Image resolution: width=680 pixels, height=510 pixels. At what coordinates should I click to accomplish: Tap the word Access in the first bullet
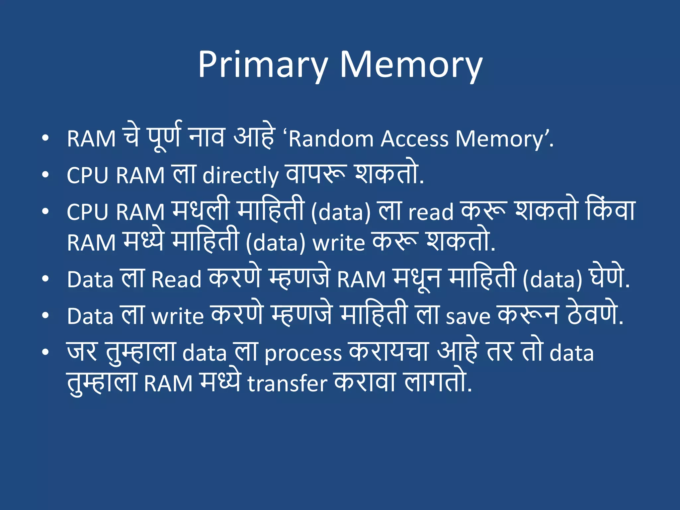[x=415, y=139]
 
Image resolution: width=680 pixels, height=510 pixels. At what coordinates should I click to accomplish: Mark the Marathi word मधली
[x=201, y=210]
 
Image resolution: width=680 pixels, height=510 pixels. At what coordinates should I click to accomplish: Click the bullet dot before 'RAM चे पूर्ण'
[x=45, y=138]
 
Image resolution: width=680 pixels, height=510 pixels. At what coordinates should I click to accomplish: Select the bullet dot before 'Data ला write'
[x=45, y=315]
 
